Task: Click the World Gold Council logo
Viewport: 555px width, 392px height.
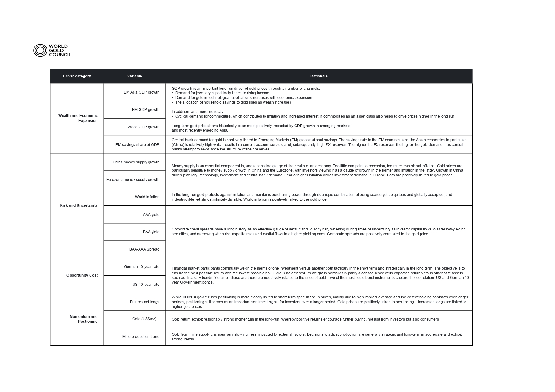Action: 52,51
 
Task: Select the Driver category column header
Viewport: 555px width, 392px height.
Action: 77,76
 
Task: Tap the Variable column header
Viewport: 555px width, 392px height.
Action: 134,76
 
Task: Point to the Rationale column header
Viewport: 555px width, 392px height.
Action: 319,76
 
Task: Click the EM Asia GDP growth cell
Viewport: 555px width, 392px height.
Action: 141,92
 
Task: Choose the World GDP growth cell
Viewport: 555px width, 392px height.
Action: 143,127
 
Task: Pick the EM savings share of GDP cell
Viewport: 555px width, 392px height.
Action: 137,145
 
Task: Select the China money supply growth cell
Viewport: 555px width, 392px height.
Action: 136,162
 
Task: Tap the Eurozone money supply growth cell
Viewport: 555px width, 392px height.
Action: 133,180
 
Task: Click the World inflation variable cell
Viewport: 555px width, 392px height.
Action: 147,197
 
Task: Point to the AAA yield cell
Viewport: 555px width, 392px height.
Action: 151,215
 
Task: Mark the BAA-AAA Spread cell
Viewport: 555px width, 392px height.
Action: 144,249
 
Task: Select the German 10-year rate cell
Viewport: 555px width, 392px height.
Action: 141,267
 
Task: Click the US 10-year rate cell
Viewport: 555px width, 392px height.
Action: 146,285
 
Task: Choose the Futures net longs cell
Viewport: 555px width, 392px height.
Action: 145,302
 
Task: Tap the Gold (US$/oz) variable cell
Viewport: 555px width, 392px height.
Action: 144,319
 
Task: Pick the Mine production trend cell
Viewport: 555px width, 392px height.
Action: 141,337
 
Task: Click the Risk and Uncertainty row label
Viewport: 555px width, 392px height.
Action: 78,205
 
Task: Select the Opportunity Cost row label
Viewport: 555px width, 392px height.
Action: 82,275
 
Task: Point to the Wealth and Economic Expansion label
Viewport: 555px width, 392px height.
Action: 78,118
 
